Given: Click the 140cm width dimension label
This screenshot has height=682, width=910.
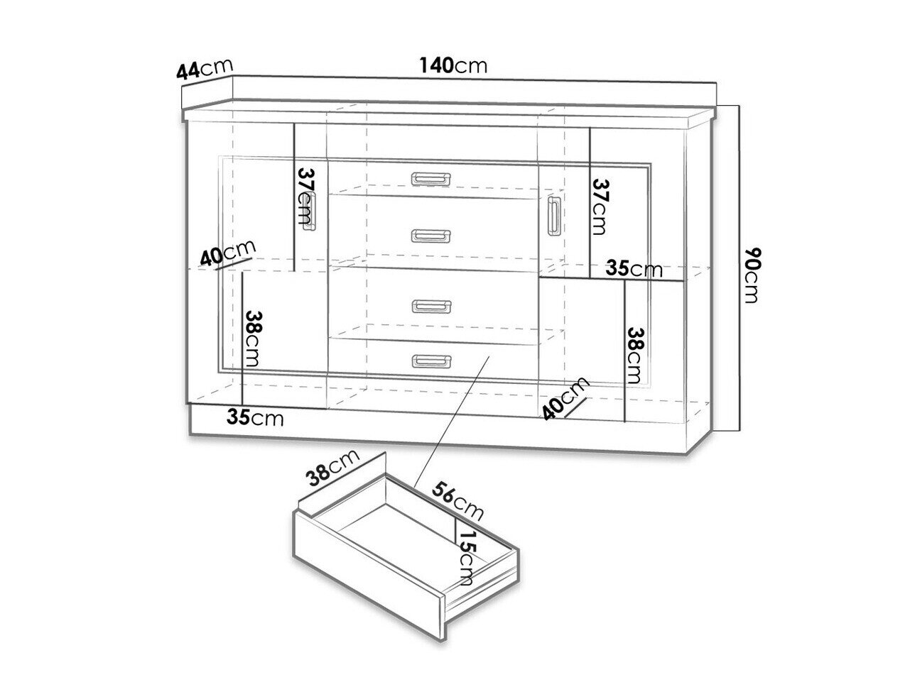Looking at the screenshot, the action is tap(453, 66).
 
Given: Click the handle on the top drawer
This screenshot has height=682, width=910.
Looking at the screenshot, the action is tap(431, 178).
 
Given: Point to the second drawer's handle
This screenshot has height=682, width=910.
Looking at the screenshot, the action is tap(431, 236).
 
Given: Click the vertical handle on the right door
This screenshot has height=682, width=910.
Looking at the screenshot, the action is tap(554, 216).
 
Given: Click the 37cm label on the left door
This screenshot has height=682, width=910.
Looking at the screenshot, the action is tap(306, 195).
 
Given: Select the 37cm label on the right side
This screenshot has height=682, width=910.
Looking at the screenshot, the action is tap(600, 207).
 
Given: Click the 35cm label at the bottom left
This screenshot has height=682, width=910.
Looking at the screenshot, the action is tap(255, 418).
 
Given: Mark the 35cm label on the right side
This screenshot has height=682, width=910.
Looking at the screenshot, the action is tap(634, 269).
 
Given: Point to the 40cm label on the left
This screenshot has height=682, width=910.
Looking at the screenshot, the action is tap(227, 253).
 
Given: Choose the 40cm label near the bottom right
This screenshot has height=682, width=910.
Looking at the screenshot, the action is tap(565, 398).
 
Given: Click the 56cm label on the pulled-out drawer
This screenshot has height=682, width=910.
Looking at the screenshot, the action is tap(457, 500).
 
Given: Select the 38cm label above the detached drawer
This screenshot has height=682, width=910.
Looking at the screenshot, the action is tap(333, 468).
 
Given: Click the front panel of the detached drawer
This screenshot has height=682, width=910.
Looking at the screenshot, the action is tap(369, 576).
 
